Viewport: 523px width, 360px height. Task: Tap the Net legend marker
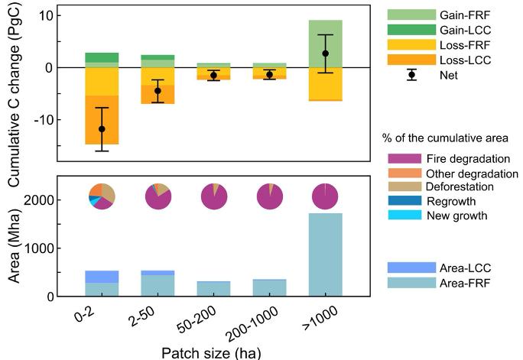[x=411, y=75]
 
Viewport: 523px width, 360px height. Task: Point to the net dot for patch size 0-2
[x=102, y=129]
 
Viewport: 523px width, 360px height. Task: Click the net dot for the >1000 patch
[x=325, y=54]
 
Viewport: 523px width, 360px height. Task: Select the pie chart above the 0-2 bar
[x=102, y=197]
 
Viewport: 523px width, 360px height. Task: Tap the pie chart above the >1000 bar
[x=325, y=197]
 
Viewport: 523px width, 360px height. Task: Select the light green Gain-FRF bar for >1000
[x=325, y=38]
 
